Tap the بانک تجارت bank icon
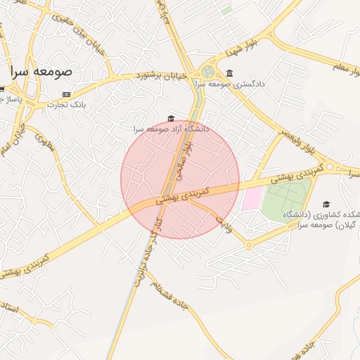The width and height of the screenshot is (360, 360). [x=67, y=94]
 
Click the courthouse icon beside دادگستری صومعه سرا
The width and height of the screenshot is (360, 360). [x=230, y=74]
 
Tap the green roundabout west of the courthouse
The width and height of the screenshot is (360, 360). [x=207, y=71]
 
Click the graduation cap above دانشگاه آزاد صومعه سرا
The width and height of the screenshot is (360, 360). [x=171, y=119]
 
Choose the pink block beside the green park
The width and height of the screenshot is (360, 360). [x=251, y=198]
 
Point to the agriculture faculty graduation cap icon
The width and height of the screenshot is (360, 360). [x=325, y=204]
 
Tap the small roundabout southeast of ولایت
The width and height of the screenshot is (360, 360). [x=249, y=245]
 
